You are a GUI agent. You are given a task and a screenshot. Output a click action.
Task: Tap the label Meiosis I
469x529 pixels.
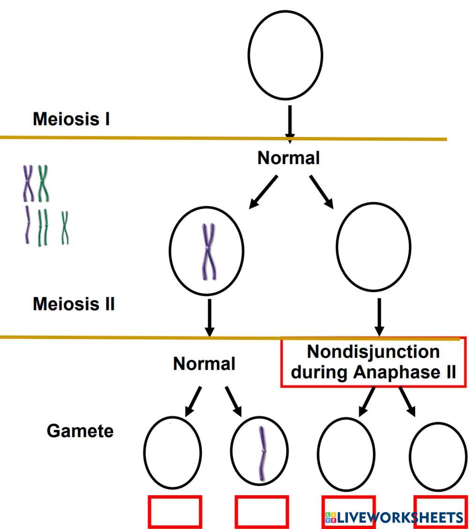(x=71, y=119)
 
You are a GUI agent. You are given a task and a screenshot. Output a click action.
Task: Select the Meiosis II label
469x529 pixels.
(x=74, y=304)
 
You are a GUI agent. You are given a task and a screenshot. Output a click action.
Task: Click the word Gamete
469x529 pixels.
(x=80, y=431)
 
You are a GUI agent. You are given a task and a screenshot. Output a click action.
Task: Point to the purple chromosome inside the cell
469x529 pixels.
(x=209, y=251)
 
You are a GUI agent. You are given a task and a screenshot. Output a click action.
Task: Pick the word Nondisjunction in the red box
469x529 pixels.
(x=373, y=352)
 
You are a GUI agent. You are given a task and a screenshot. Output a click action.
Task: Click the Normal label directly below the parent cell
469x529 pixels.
(x=288, y=158)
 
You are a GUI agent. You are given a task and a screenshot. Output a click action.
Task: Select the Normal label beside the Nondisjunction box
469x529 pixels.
(x=204, y=363)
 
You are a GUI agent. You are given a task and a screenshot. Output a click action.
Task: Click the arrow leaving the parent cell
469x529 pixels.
(x=289, y=123)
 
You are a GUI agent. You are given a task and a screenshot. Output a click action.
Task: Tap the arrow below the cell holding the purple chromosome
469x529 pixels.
(x=209, y=317)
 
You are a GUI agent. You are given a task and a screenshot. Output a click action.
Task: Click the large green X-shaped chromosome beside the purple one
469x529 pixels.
(x=44, y=182)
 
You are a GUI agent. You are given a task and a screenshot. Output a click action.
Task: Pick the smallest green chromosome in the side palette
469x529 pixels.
(x=65, y=227)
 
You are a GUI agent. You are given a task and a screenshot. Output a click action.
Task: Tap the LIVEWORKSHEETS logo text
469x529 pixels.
(x=394, y=518)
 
